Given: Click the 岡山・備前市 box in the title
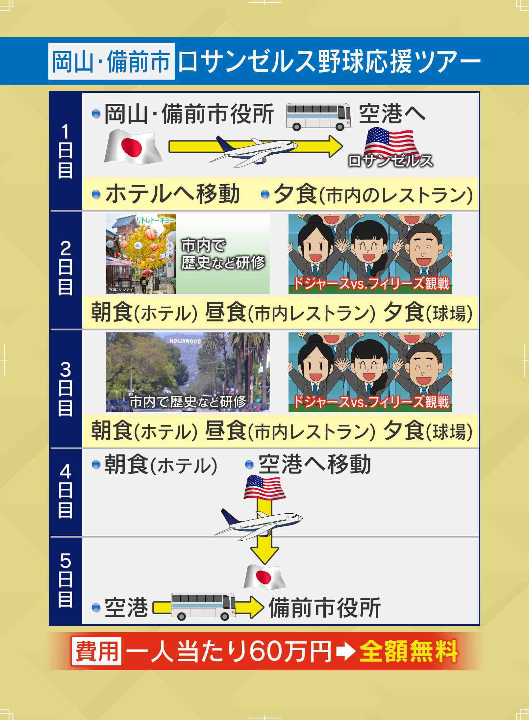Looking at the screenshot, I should (x=111, y=61).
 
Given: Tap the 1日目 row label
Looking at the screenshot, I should (x=65, y=151).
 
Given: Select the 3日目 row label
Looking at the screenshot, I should (x=65, y=389).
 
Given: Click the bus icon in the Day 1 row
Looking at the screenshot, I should (x=318, y=116).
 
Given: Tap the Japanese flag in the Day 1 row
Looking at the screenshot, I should (x=133, y=147).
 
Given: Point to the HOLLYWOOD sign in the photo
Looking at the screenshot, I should (x=185, y=341).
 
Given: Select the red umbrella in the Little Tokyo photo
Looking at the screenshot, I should (x=146, y=272).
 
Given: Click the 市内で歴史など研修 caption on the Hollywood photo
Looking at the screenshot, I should (x=188, y=402).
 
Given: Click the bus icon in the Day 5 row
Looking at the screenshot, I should (x=203, y=606).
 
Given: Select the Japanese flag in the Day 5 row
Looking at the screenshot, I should (x=264, y=577).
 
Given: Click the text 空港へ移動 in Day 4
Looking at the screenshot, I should (x=315, y=465).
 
